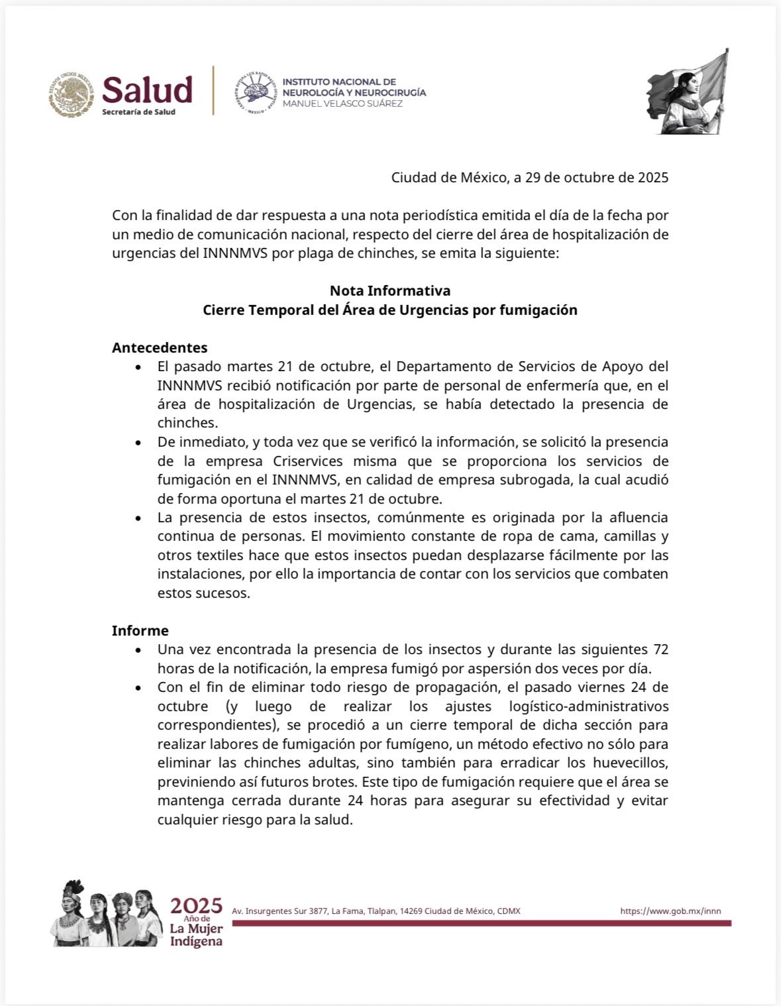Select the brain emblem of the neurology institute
pos(255,93)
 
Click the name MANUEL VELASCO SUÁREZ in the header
pos(342,104)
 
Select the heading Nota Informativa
pos(390,290)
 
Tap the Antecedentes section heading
pos(159,347)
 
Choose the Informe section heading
pos(140,630)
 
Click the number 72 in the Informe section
pos(660,649)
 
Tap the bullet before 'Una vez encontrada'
pos(138,650)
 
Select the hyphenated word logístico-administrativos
pos(588,706)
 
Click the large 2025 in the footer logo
pos(196,906)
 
